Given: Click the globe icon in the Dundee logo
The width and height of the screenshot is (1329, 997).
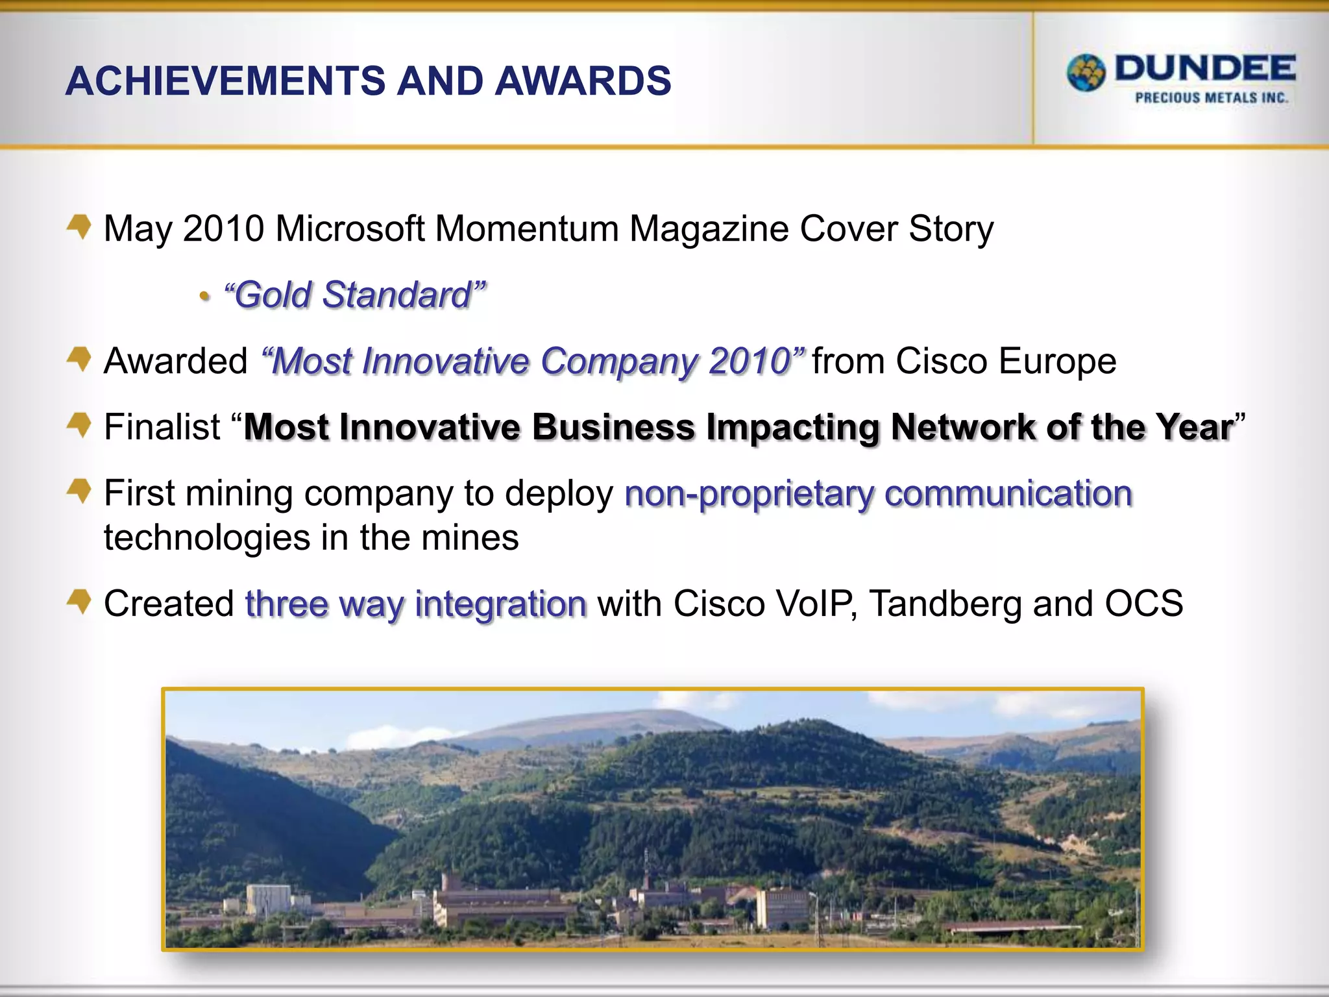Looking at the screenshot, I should (1086, 73).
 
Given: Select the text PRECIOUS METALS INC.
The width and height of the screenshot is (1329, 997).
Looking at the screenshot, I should (1211, 98).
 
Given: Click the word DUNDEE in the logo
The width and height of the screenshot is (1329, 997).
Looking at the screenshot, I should (1205, 69).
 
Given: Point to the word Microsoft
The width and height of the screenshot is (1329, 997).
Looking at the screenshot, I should (349, 229).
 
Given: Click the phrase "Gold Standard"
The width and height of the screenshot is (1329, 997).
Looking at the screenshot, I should (354, 295).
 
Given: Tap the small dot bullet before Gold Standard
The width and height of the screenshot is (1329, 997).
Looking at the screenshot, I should (205, 297).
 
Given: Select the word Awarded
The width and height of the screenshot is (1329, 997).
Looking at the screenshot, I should (176, 362).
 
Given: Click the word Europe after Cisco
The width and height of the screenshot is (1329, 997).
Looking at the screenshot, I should (1058, 362).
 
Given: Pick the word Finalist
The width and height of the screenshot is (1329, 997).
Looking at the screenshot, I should (162, 428).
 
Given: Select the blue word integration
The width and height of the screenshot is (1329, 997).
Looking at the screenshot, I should (500, 604).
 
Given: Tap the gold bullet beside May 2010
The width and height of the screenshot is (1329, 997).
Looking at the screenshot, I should (80, 227).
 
